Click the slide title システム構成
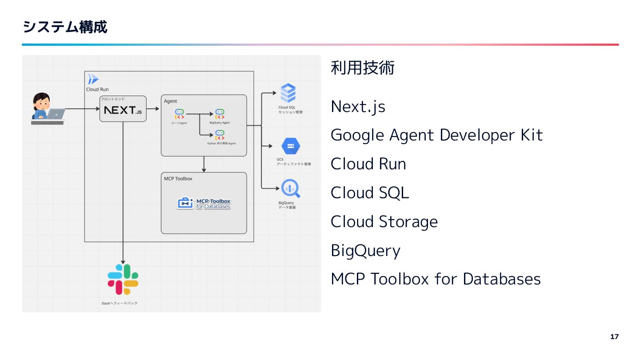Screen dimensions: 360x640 pos(65,27)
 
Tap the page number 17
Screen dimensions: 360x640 pos(614,337)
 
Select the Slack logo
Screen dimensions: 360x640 pos(123,280)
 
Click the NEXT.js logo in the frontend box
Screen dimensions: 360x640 pos(123,110)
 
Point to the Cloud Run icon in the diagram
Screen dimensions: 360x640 pos(93,79)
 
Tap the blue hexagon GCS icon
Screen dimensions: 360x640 pos(291,146)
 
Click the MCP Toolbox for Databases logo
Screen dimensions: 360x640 pos(204,204)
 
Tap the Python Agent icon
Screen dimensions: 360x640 pos(220,135)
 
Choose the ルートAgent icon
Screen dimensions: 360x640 pos(180,114)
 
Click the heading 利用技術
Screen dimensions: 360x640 pos(363,68)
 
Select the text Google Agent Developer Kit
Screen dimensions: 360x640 pos(436,135)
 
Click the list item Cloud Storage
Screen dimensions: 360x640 pos(384,221)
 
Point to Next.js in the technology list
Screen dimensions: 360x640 pos(358,107)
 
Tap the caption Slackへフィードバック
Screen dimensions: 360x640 pos(120,303)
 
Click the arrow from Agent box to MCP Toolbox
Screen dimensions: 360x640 pos(204,164)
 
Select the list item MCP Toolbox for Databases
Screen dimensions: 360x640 pos(436,279)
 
